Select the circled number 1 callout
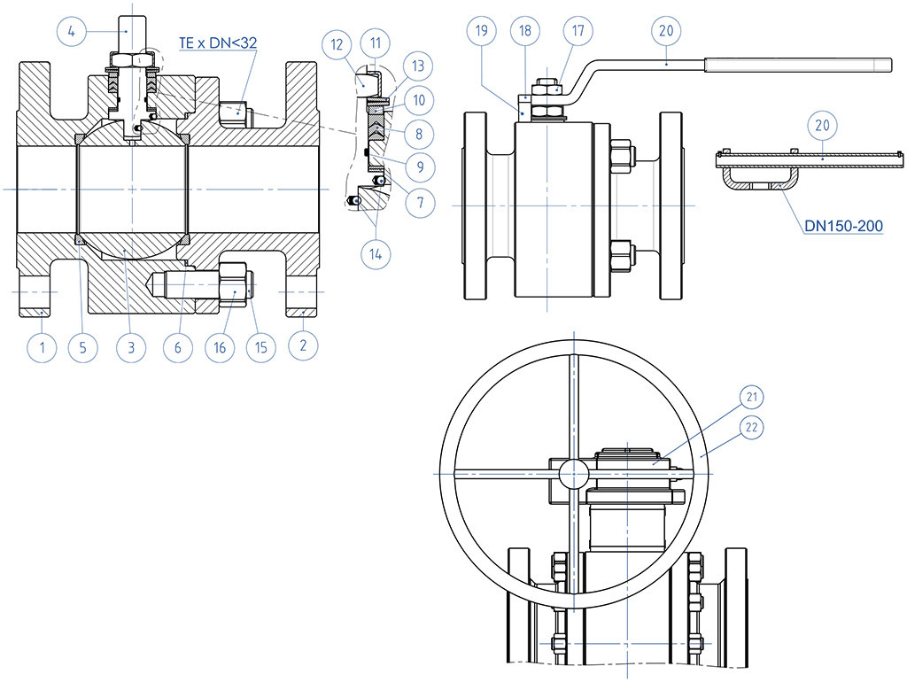(42, 347)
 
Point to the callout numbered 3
(130, 347)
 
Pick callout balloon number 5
(82, 347)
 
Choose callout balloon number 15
(260, 347)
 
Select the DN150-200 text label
(843, 226)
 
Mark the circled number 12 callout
(336, 43)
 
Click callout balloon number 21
(754, 396)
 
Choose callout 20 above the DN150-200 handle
(822, 126)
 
